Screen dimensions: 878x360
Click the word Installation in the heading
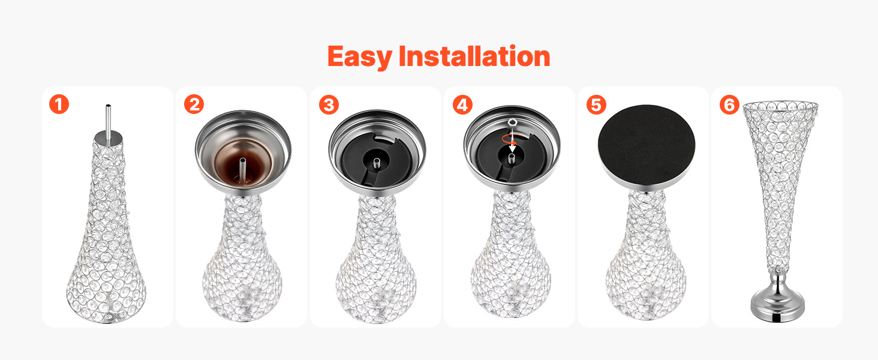pyautogui.click(x=474, y=56)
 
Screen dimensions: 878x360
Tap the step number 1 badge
pyautogui.click(x=59, y=104)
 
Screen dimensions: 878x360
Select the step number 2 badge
pyautogui.click(x=194, y=104)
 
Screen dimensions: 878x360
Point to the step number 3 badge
pyautogui.click(x=329, y=105)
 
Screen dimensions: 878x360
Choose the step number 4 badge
pyautogui.click(x=462, y=105)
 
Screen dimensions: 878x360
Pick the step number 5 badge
pyautogui.click(x=596, y=105)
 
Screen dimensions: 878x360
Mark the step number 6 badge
pyautogui.click(x=729, y=105)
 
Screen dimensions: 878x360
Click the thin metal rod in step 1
pyautogui.click(x=108, y=119)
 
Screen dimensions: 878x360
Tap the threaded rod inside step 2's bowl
pyautogui.click(x=243, y=169)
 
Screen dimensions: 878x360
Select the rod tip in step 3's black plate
pyautogui.click(x=377, y=162)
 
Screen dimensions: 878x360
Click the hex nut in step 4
pyautogui.click(x=512, y=122)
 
